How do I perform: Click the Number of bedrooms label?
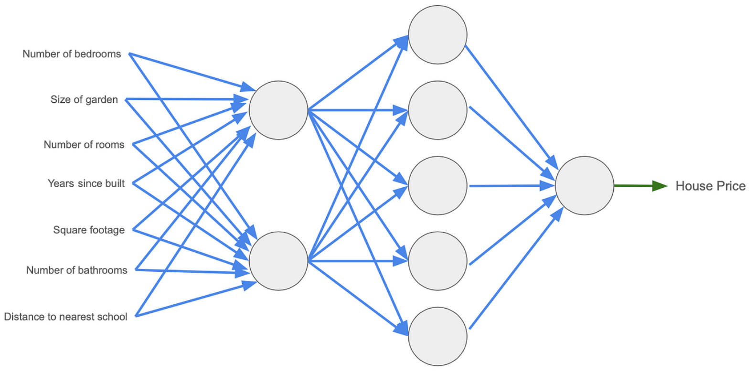pos(72,54)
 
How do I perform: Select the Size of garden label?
pos(84,99)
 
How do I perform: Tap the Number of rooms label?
pos(84,144)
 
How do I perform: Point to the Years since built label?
pos(86,183)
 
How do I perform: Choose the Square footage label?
pos(89,230)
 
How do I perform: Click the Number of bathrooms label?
pos(77,270)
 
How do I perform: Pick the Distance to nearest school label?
pos(66,317)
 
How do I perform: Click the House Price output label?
pos(710,186)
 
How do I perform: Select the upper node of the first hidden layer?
pos(278,110)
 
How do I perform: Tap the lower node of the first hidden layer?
pos(278,261)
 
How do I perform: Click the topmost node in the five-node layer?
pos(437,35)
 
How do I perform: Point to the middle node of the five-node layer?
pos(437,186)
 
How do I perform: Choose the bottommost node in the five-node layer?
pos(437,336)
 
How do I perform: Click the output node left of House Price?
pos(585,186)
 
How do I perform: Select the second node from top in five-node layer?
pos(437,110)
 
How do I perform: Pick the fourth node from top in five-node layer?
pos(437,261)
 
